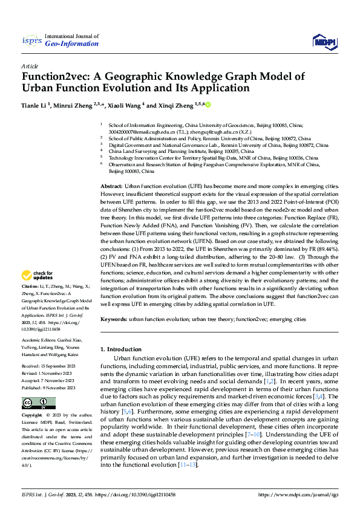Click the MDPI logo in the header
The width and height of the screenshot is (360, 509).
point(324,41)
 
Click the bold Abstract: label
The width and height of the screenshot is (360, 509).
point(111,170)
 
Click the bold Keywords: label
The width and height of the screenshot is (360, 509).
point(114,319)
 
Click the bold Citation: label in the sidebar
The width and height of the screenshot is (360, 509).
point(30,286)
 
